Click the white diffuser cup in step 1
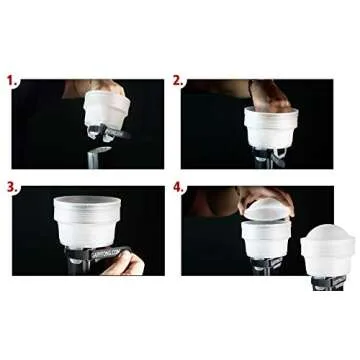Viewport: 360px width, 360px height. tap(103, 108)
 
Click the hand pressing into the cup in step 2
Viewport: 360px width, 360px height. tap(269, 95)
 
